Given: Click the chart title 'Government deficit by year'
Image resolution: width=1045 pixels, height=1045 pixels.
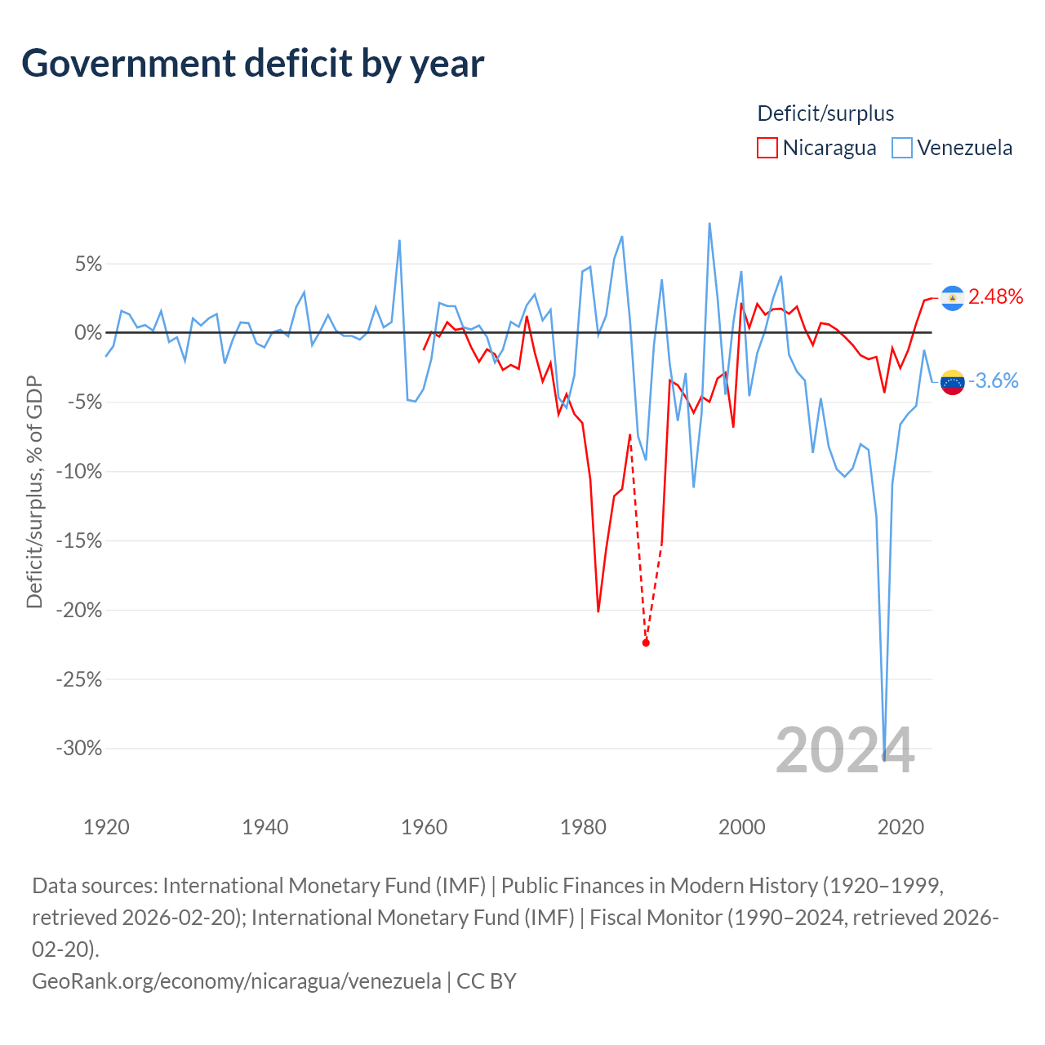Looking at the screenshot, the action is coord(252,64).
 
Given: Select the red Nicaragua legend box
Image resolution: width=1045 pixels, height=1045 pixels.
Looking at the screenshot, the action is coord(767,148).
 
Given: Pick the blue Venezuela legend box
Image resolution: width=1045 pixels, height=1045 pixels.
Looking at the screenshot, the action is coord(901,148).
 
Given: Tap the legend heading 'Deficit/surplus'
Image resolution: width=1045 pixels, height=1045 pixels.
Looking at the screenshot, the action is coord(825,113).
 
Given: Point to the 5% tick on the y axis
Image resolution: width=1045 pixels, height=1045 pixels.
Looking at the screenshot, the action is coord(88,264).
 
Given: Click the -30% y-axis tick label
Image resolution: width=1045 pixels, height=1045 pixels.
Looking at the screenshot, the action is coord(79,748).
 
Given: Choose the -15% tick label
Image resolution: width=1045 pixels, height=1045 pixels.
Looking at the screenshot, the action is coord(79,540).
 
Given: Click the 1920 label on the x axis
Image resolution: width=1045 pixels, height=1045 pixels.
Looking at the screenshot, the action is coord(106,827).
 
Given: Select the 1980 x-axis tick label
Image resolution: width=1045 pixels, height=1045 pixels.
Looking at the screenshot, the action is coord(583,827).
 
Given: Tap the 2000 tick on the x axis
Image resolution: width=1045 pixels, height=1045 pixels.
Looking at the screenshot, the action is coord(741,827).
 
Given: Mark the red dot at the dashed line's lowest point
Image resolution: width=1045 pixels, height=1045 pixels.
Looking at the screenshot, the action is coord(645,643).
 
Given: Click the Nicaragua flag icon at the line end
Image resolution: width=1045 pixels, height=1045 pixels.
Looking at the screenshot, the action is coord(952,298).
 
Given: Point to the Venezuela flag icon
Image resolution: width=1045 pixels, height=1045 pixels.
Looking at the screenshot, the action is coord(952,382).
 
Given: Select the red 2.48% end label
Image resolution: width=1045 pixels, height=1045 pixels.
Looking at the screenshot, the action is coord(995,296).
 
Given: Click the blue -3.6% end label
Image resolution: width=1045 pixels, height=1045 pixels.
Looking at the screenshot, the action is coord(993,380).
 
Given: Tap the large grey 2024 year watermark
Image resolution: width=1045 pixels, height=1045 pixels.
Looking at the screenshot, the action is coord(845,750).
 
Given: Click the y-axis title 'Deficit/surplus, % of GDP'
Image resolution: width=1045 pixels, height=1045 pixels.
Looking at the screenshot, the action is coord(34,491).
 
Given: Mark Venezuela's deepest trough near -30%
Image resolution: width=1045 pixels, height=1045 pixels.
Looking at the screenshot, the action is coord(884,760).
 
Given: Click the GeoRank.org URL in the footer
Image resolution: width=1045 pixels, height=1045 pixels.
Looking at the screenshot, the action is coord(237,981).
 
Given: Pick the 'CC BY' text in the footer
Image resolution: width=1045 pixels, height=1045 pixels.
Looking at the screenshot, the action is coord(487,981).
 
